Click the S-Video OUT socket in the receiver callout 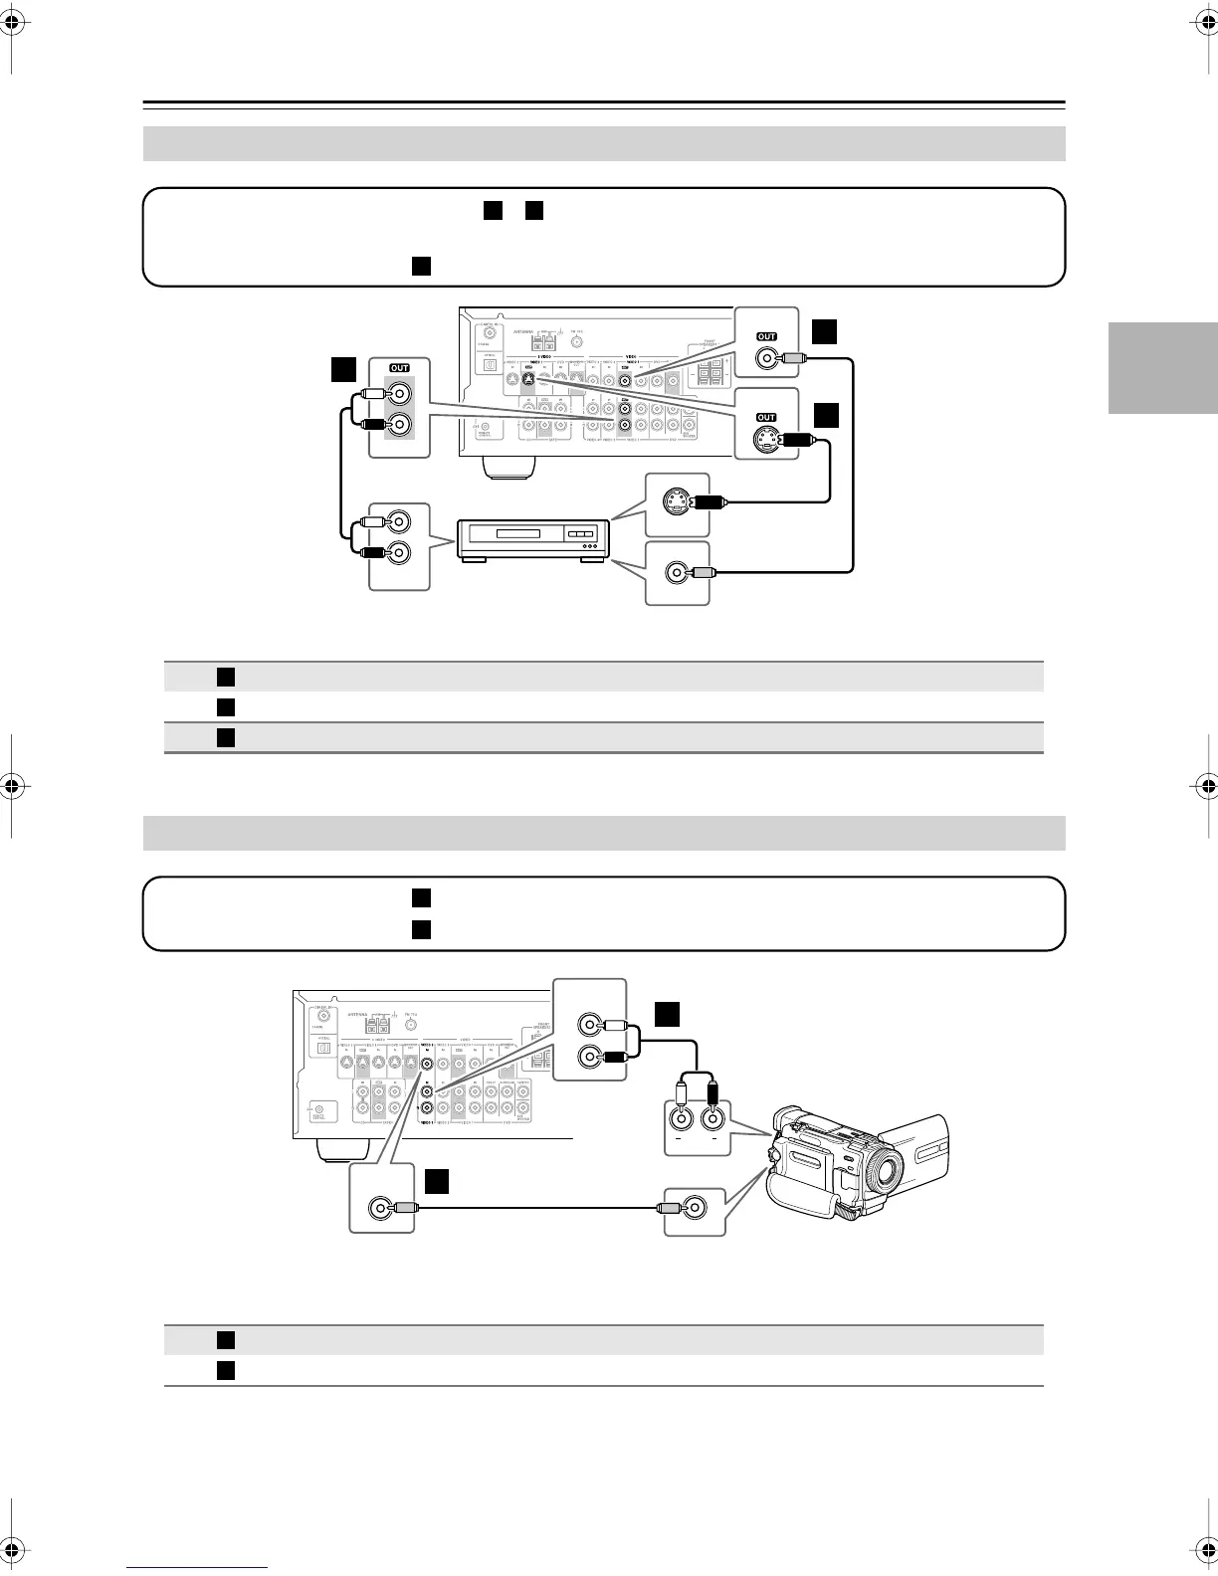coord(764,438)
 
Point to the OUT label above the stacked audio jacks coord(399,368)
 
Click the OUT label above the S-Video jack coord(766,417)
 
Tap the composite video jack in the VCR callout coord(677,573)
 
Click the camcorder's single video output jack coord(695,1208)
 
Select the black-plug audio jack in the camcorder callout coord(710,1118)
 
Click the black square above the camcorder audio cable coord(667,1013)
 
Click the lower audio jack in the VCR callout coord(399,553)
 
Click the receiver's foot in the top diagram coord(509,467)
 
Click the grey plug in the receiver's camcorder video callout coord(404,1208)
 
